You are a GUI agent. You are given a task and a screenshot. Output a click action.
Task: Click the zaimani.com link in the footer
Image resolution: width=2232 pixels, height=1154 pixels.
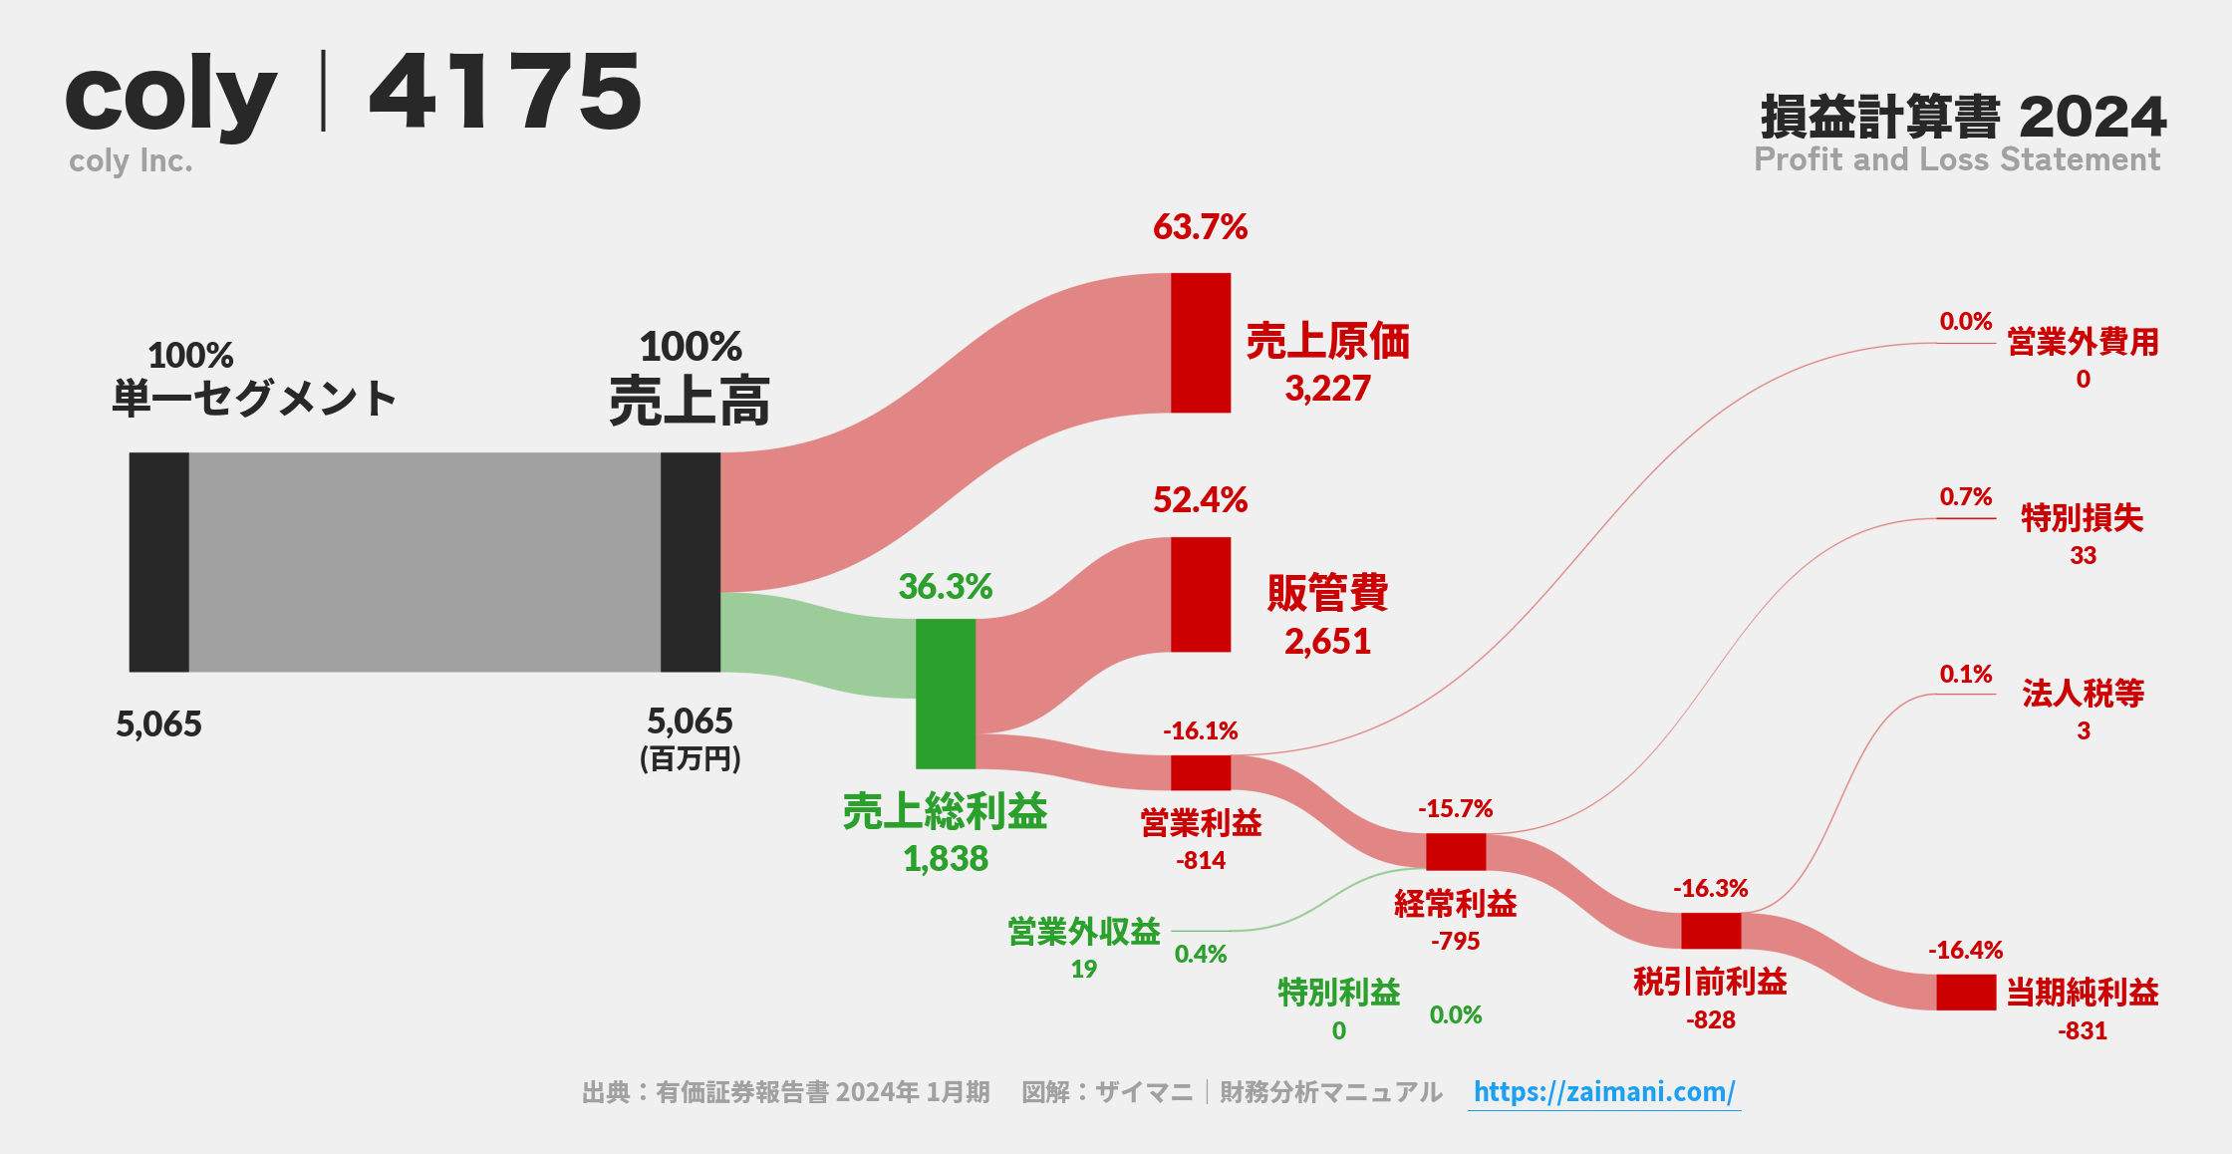pos(1603,1092)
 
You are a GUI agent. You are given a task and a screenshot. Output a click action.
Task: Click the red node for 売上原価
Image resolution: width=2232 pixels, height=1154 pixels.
pos(1201,343)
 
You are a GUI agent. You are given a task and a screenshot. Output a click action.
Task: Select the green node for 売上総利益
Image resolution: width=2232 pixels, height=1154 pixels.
pos(946,694)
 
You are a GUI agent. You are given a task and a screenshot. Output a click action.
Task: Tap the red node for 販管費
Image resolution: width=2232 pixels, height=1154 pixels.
pos(1201,595)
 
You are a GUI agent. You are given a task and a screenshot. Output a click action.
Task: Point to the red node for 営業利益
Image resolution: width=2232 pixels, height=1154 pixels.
pos(1201,772)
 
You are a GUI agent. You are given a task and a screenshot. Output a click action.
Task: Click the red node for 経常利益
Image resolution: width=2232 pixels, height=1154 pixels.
pos(1456,852)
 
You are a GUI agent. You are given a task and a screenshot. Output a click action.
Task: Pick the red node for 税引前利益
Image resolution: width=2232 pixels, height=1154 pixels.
pos(1711,931)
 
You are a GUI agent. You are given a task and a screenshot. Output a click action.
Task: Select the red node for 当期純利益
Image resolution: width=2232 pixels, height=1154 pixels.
pos(1966,993)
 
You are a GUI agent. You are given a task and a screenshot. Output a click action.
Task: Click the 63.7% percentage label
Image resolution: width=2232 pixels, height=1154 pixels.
pos(1200,227)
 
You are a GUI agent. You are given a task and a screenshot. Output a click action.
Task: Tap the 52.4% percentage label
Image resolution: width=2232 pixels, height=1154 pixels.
pos(1200,500)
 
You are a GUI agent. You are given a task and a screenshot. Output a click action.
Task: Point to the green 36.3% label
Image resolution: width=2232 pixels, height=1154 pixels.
pos(945,587)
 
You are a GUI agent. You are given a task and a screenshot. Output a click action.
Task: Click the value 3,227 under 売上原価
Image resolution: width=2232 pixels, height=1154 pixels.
pos(1327,389)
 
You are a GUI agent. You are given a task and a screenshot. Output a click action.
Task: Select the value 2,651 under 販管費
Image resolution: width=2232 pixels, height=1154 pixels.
pos(1327,642)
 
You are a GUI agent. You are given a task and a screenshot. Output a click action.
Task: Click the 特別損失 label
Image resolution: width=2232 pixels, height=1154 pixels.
pos(2082,518)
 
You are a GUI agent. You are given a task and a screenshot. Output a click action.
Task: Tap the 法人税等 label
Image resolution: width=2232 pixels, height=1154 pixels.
pos(2083,694)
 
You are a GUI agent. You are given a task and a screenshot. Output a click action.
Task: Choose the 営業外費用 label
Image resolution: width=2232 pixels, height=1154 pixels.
pos(2083,343)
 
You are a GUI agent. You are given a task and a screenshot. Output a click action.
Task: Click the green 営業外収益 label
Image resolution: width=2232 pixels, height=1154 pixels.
pos(1084,932)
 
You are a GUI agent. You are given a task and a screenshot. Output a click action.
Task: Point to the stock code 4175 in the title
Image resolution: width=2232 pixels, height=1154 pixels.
pos(505,92)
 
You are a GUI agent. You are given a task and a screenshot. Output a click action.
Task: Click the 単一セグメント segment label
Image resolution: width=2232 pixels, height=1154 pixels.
pos(254,399)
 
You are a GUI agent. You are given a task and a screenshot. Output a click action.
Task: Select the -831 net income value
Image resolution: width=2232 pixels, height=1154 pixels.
pos(2083,1031)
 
